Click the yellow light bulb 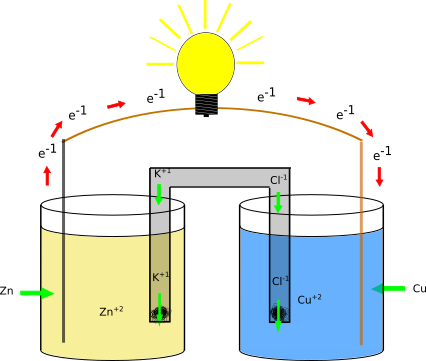point(205,63)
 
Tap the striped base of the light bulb point(206,103)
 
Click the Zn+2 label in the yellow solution point(111,312)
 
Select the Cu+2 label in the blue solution point(309,299)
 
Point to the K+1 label point(160,277)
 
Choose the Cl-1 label point(280,281)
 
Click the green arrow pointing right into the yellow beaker point(36,293)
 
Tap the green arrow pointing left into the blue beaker point(389,289)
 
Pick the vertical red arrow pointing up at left point(47,175)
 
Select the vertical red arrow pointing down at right point(379,177)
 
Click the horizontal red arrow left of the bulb point(117,104)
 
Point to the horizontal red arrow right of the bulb point(305,100)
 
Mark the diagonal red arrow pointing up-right point(57,129)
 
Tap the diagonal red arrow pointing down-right point(367,128)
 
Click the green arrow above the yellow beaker point(158,194)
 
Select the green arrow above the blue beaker point(278,201)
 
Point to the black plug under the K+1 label point(160,315)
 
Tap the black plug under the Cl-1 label point(279,315)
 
